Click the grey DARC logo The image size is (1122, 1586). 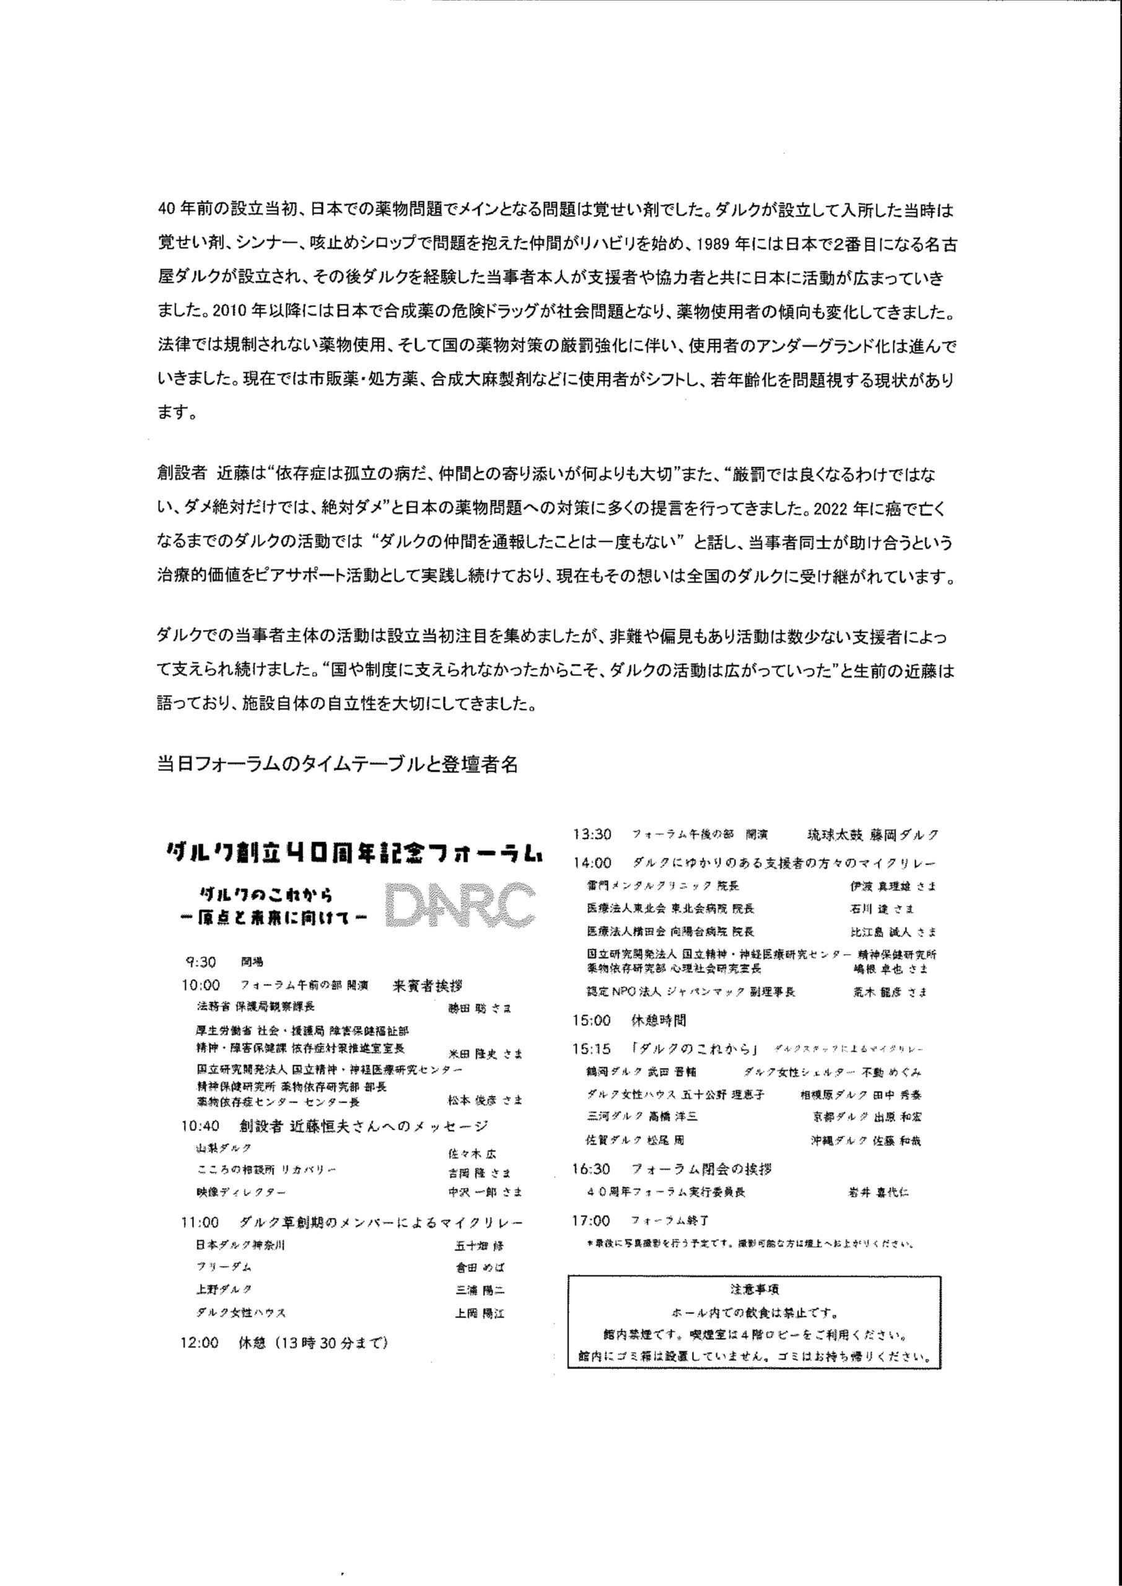tap(460, 903)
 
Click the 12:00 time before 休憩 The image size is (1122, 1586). tap(199, 1343)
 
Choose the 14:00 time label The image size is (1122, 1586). tap(592, 863)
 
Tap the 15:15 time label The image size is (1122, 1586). tap(592, 1049)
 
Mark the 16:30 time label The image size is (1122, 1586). tap(592, 1169)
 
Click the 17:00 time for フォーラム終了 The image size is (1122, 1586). tap(592, 1220)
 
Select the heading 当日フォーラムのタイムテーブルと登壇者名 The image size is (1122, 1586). tap(338, 765)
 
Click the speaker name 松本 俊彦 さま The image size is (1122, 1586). tap(485, 1100)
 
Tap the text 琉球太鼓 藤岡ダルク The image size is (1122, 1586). tap(872, 835)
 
